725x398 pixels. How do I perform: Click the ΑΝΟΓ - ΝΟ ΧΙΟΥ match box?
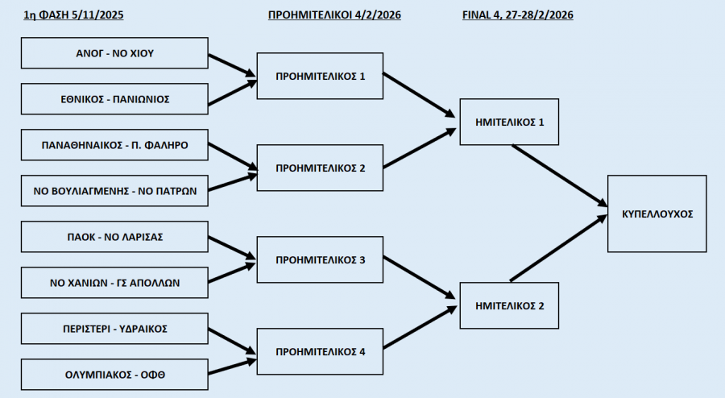tap(114, 54)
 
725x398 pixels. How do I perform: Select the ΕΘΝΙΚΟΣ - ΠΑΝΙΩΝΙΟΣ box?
tap(114, 100)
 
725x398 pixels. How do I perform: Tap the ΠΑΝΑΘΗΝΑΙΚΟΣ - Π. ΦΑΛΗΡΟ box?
tap(114, 146)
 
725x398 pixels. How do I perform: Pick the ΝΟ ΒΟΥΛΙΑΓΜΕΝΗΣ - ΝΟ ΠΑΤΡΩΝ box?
tap(114, 192)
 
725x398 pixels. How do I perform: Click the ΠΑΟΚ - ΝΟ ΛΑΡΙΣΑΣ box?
tap(114, 237)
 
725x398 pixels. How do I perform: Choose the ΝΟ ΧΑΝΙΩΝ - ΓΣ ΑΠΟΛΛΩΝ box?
tap(114, 283)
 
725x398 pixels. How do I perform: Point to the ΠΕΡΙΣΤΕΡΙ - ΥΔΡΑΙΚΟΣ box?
tap(114, 329)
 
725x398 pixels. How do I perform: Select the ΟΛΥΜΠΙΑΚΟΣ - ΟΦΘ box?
tap(114, 374)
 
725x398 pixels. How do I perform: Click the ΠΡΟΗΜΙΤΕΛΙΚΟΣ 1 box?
tap(320, 77)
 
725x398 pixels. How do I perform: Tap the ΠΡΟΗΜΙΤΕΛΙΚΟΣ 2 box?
tap(320, 168)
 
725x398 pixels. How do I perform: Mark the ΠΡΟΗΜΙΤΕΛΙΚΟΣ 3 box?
tap(320, 260)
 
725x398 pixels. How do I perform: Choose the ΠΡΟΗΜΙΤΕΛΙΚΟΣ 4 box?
tap(320, 351)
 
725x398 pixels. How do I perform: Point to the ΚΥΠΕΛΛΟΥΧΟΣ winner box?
tap(657, 214)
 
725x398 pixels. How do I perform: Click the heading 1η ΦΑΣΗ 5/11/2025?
tap(74, 15)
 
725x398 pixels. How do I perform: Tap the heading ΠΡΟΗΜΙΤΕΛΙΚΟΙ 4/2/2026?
tap(334, 15)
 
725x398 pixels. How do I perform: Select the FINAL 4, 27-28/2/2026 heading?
tap(518, 15)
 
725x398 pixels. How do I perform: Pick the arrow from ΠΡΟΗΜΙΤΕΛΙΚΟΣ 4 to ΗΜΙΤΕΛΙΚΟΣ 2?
tap(417, 331)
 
